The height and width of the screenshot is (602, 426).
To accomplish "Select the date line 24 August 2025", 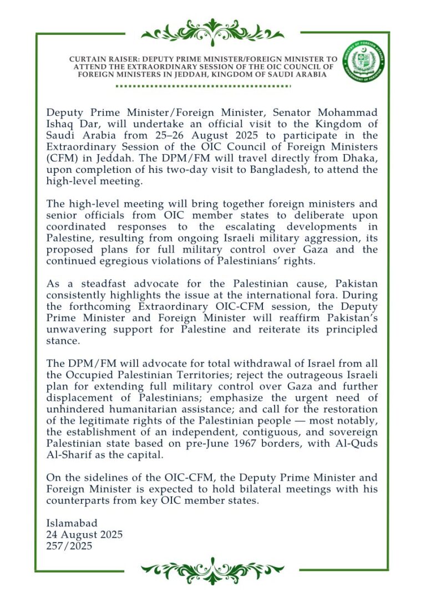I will [84, 534].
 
